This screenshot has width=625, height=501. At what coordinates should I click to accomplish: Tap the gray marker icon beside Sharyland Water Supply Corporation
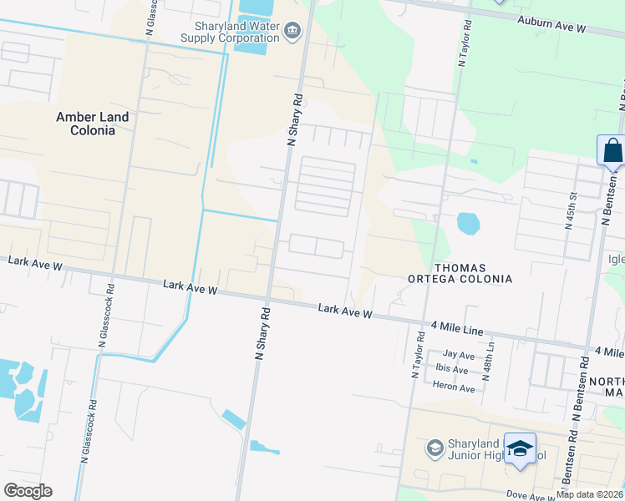pyautogui.click(x=292, y=32)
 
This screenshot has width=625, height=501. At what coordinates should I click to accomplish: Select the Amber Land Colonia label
pyautogui.click(x=93, y=124)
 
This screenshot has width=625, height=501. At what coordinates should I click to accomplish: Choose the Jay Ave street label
pyautogui.click(x=459, y=355)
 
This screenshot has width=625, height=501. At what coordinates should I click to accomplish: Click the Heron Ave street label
pyautogui.click(x=454, y=387)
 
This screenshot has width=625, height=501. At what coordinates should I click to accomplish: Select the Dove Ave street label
pyautogui.click(x=526, y=494)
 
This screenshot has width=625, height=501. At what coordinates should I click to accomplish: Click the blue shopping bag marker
pyautogui.click(x=612, y=150)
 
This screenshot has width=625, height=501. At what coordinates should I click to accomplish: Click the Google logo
pyautogui.click(x=28, y=491)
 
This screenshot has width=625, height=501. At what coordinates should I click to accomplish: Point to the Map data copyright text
pyautogui.click(x=589, y=494)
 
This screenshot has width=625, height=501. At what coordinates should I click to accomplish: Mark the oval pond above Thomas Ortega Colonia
pyautogui.click(x=469, y=223)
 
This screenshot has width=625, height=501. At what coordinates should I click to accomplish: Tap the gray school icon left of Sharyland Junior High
pyautogui.click(x=434, y=449)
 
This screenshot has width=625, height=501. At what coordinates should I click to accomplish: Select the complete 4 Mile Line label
pyautogui.click(x=457, y=329)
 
